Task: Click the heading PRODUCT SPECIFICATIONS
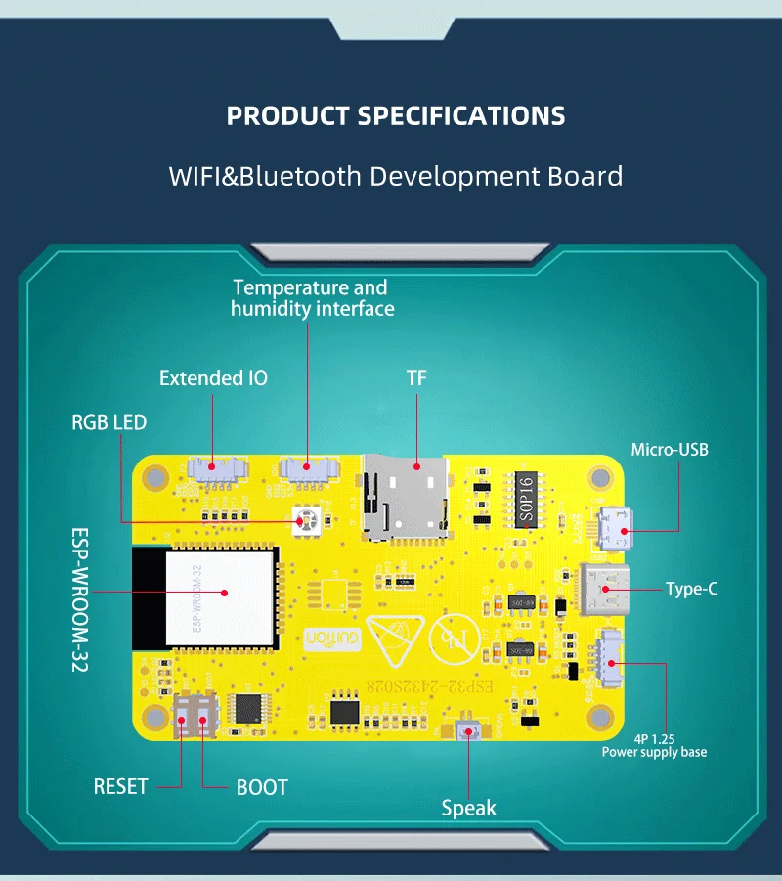(396, 115)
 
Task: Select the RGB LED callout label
(109, 422)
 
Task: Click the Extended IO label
(213, 377)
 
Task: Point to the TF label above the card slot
(416, 377)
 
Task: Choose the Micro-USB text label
(670, 450)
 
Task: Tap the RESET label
(120, 786)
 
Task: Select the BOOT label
(262, 786)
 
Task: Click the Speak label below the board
(468, 808)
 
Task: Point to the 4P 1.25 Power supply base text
(654, 745)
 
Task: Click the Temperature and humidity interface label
(312, 298)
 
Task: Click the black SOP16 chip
(525, 500)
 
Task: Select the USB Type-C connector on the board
(604, 589)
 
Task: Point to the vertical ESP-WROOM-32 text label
(80, 600)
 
